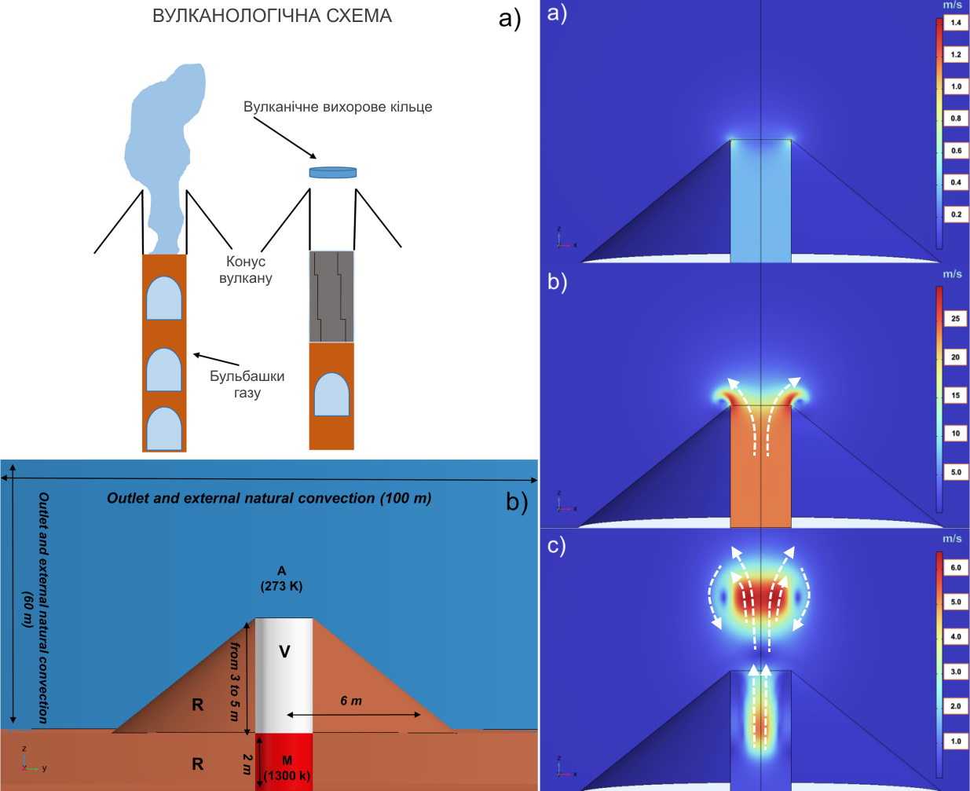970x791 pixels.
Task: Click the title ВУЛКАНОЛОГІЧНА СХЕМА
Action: click(272, 16)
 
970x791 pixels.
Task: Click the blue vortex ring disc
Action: click(333, 172)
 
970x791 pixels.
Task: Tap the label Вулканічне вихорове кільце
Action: click(338, 107)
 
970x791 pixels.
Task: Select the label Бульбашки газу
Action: click(247, 384)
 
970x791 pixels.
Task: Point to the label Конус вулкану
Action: click(246, 269)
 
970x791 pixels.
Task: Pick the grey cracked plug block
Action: click(331, 296)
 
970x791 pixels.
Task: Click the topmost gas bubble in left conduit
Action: click(164, 298)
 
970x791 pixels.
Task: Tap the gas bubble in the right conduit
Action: click(331, 394)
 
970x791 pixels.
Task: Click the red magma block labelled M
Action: click(284, 759)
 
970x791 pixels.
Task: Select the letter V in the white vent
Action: click(284, 651)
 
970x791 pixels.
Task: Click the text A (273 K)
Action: click(281, 579)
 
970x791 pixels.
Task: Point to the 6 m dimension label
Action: click(351, 701)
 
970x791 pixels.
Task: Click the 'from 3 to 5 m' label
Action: click(234, 681)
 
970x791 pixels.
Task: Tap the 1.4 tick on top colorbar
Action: click(956, 23)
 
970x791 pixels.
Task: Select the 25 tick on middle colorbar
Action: click(956, 319)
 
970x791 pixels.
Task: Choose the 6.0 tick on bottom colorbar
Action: click(956, 567)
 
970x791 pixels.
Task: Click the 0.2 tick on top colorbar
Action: click(956, 214)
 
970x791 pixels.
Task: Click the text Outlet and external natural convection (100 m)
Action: click(269, 498)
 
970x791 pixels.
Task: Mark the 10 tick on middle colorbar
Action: click(956, 434)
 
